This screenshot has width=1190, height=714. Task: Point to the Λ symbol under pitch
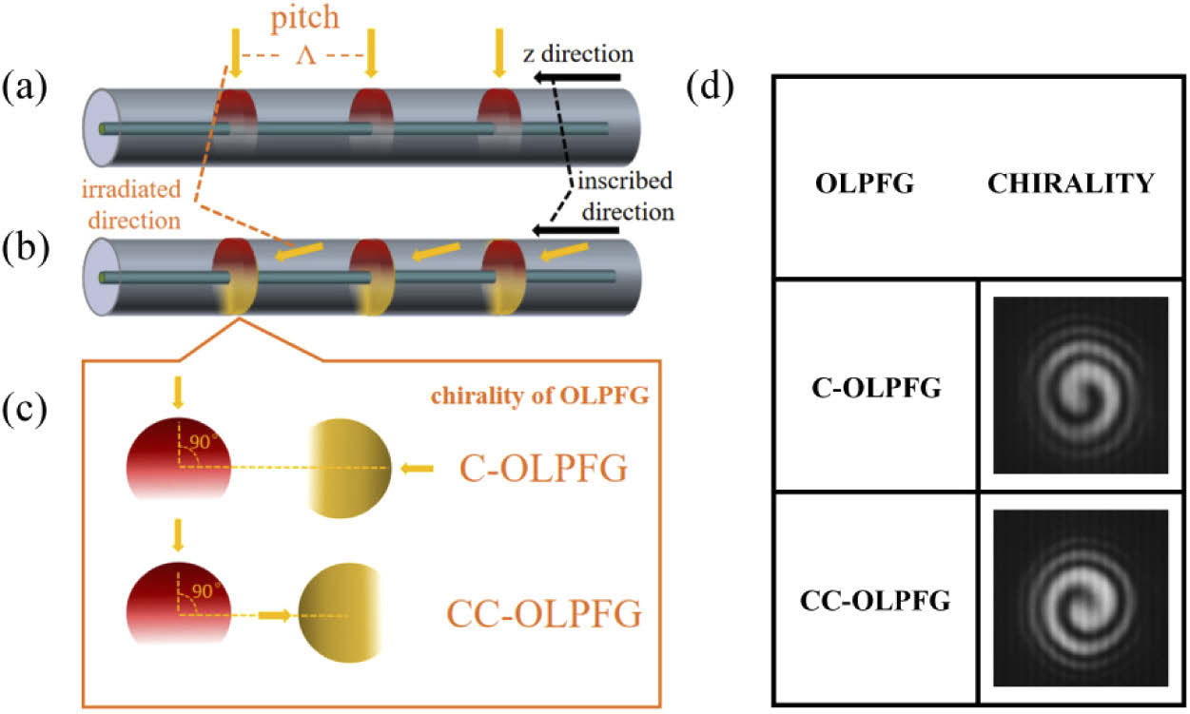coord(304,58)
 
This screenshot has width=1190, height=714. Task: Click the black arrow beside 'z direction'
coord(577,80)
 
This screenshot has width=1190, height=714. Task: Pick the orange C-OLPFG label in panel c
coord(544,469)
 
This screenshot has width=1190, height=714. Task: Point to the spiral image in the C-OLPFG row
coord(1080,385)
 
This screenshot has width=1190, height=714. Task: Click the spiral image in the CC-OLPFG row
coord(1080,596)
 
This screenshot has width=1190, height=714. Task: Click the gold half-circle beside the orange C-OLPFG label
coord(349,470)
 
